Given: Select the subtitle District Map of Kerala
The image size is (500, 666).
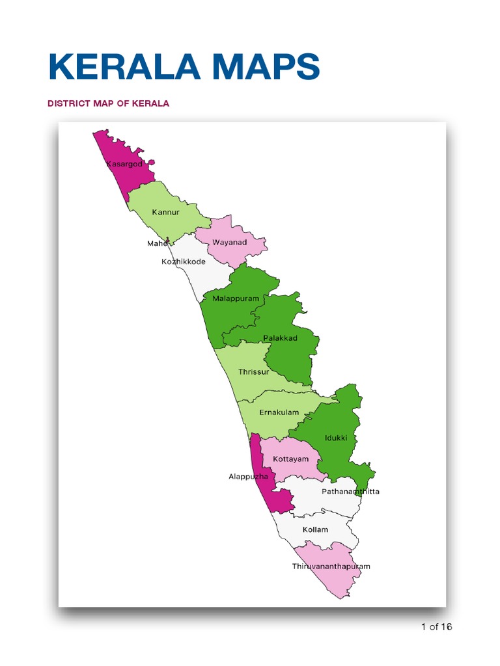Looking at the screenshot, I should pyautogui.click(x=107, y=103).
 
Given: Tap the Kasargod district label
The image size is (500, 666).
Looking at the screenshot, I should pyautogui.click(x=124, y=164).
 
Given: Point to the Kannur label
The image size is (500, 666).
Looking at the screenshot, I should pyautogui.click(x=165, y=212).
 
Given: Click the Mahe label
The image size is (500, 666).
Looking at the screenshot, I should pyautogui.click(x=156, y=243).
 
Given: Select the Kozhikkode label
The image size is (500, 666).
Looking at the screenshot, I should pyautogui.click(x=183, y=261).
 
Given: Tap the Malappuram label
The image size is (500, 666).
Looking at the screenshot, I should pyautogui.click(x=236, y=299).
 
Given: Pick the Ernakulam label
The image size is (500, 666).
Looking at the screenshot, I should pyautogui.click(x=279, y=412).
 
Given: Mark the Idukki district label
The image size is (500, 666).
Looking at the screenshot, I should pyautogui.click(x=345, y=438).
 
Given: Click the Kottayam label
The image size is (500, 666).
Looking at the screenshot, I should pyautogui.click(x=290, y=459).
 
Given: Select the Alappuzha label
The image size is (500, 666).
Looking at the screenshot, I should pyautogui.click(x=248, y=477).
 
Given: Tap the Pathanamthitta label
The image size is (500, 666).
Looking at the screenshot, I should pyautogui.click(x=350, y=491).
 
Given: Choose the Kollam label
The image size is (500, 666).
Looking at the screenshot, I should pyautogui.click(x=315, y=529).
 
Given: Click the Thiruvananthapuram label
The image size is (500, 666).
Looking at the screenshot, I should pyautogui.click(x=331, y=566).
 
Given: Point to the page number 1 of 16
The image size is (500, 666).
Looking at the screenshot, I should pyautogui.click(x=436, y=627).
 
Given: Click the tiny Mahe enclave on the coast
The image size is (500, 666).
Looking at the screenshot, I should pyautogui.click(x=168, y=239).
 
